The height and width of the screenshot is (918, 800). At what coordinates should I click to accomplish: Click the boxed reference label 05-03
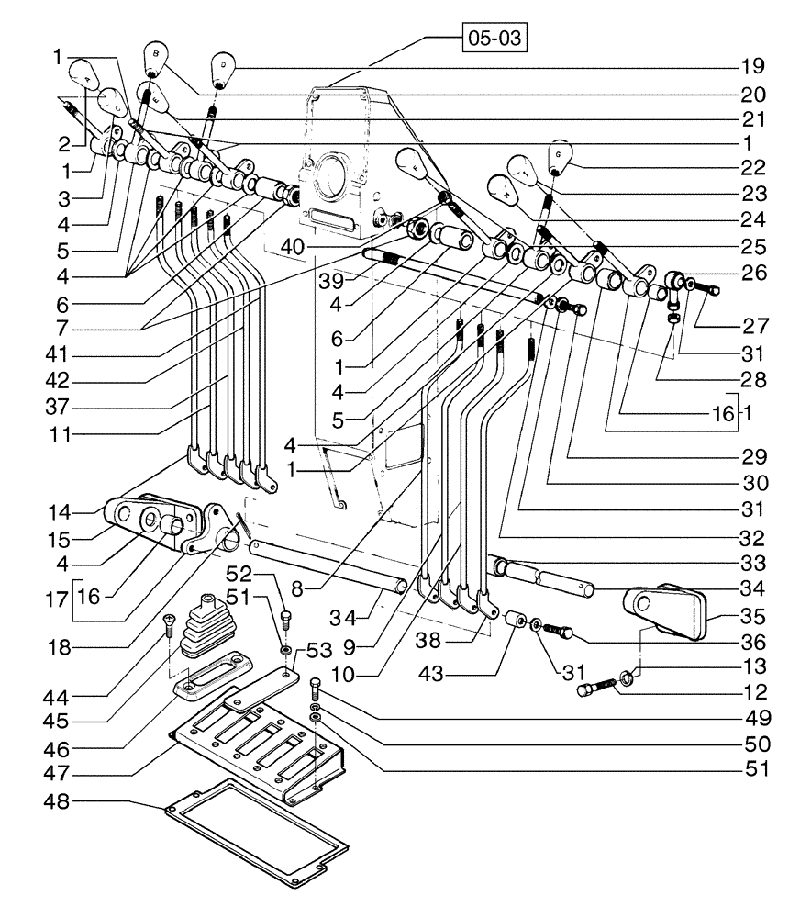click(496, 40)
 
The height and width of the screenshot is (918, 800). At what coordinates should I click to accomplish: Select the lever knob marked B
click(157, 60)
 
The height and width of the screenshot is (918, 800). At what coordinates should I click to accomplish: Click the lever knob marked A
click(86, 74)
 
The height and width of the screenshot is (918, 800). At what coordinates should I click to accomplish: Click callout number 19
click(754, 67)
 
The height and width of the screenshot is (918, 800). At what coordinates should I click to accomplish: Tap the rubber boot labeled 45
click(201, 629)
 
